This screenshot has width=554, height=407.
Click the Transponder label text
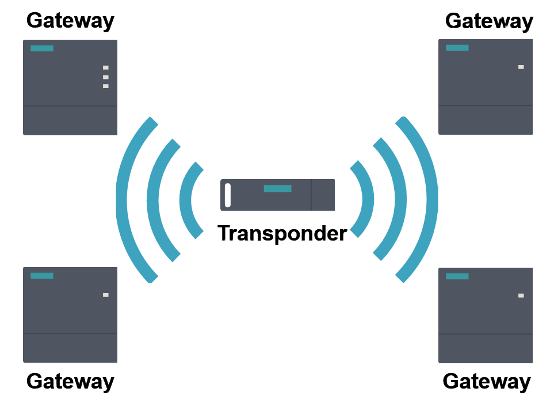click(282, 233)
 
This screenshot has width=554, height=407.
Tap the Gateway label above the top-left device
click(70, 21)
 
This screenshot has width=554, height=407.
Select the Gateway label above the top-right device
click(489, 21)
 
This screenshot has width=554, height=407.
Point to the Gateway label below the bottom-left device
click(70, 381)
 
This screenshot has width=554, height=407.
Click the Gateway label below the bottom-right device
click(487, 381)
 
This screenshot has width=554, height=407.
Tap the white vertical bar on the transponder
click(228, 195)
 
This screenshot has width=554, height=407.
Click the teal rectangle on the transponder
click(277, 189)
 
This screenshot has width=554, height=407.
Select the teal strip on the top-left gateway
click(42, 48)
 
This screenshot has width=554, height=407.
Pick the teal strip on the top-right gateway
click(457, 48)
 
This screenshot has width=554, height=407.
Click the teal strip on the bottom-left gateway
click(42, 276)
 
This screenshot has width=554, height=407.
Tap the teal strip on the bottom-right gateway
click(457, 276)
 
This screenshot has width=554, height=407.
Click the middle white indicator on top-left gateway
click(106, 77)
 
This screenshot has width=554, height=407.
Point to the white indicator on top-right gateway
click(521, 67)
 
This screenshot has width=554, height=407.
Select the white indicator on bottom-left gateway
click(106, 295)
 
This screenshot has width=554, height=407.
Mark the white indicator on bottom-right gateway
click(521, 295)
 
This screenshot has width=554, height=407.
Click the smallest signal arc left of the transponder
click(185, 199)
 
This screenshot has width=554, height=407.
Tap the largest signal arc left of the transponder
click(122, 199)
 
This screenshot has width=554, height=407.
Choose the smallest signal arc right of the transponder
click(367, 199)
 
